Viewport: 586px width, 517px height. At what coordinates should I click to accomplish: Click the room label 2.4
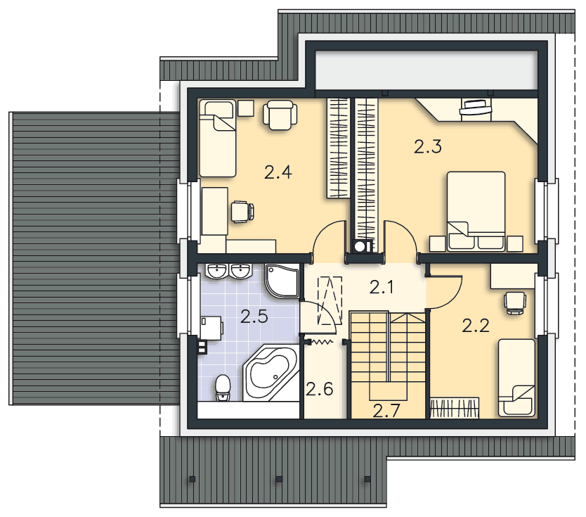[278, 172]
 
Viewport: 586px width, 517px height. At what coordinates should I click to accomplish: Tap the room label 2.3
[428, 146]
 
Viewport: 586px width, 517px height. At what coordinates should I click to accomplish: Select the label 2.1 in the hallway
[382, 287]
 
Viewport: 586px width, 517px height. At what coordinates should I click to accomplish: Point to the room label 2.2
[476, 326]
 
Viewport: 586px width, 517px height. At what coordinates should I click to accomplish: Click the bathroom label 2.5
[254, 317]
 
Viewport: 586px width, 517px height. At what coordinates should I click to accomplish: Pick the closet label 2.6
[319, 389]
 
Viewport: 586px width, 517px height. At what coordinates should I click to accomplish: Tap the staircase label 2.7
[386, 411]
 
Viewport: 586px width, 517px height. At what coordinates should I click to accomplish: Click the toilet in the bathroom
[223, 388]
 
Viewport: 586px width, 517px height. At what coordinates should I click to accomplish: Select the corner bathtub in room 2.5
[271, 374]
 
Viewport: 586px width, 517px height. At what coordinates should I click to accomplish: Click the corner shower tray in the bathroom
[282, 281]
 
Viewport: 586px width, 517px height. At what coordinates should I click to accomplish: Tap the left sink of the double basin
[216, 271]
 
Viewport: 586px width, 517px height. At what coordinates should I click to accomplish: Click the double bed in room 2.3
[476, 211]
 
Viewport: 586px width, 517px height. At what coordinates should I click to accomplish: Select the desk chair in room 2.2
[514, 302]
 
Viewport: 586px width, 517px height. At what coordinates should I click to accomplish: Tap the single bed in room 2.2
[516, 378]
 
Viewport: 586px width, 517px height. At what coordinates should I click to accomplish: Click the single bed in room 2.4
[218, 138]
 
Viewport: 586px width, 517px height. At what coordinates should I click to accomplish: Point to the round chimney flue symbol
[360, 246]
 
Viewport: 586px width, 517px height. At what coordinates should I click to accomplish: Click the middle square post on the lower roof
[278, 478]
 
